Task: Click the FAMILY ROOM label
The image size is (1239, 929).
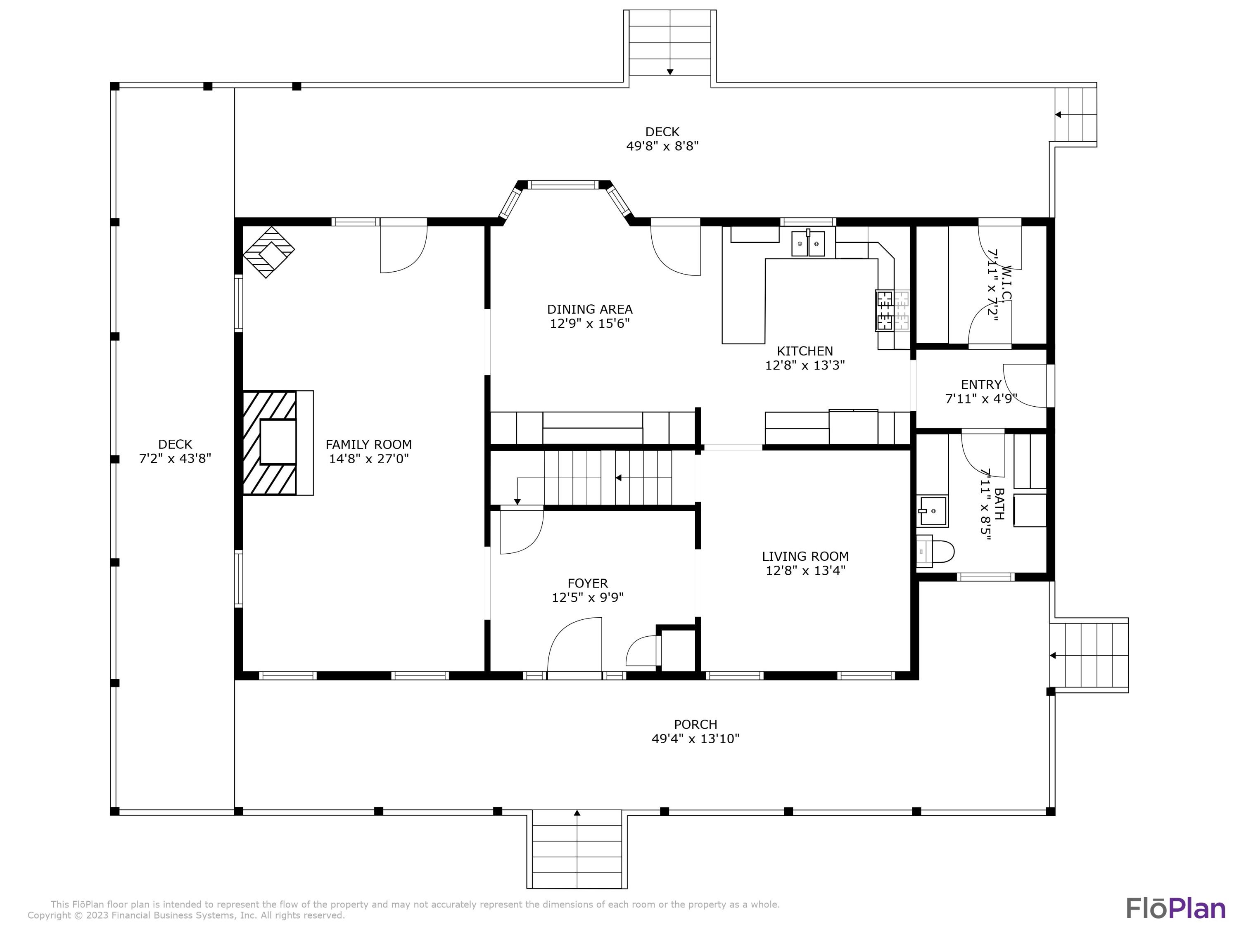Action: click(x=368, y=445)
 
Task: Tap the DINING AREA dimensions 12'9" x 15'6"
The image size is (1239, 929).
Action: click(x=590, y=324)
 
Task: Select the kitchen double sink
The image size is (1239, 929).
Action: click(x=808, y=243)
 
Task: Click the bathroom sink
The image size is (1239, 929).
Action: click(x=933, y=511)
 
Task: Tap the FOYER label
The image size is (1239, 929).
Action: click(x=588, y=583)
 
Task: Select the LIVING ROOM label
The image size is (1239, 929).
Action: click(x=805, y=557)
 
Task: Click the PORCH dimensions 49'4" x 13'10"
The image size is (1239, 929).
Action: click(x=695, y=739)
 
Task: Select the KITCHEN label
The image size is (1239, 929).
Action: click(x=805, y=351)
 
